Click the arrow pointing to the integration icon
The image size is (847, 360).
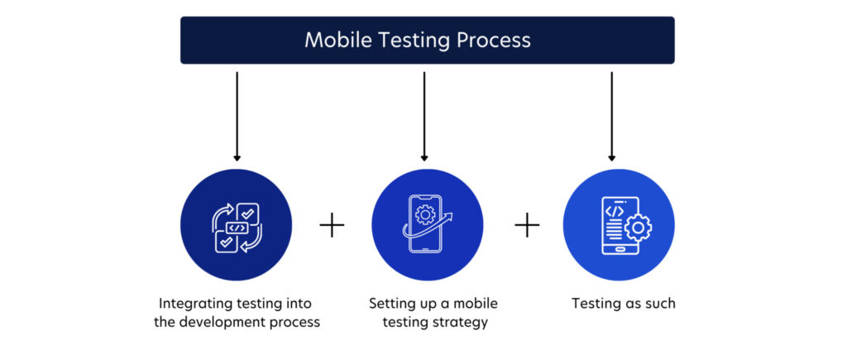237,116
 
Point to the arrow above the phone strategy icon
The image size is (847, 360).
424,116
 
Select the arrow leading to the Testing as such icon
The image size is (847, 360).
611,116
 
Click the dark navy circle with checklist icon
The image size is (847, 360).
237,226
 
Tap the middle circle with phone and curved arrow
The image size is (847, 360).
424,226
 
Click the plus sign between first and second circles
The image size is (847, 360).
332,225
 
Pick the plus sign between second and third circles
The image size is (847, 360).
527,225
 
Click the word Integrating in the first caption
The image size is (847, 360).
190,304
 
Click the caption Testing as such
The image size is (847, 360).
623,304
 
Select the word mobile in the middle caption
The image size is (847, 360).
477,304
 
